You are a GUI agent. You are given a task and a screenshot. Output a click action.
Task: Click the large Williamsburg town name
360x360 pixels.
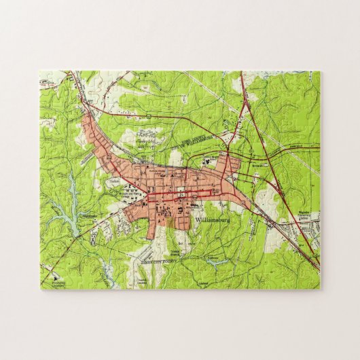(x=217, y=219)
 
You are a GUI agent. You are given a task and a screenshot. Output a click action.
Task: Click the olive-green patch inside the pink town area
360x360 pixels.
(x=165, y=219)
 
